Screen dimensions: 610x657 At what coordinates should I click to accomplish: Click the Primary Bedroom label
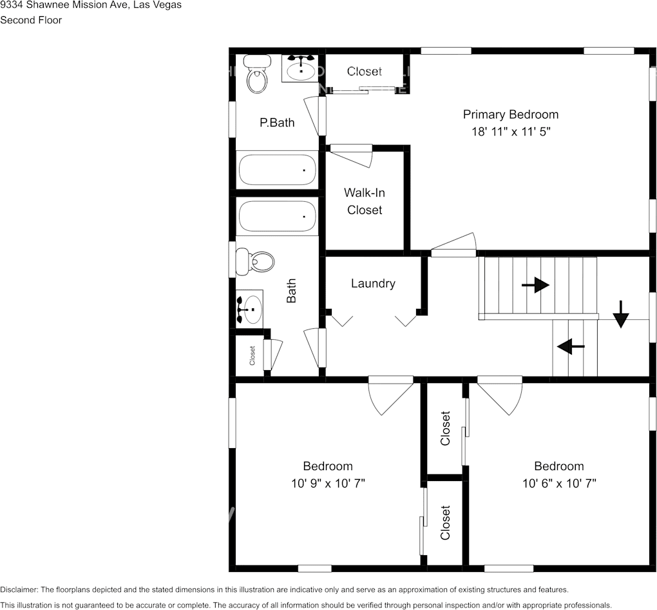tap(510, 115)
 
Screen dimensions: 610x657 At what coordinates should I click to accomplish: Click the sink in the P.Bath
tap(300, 68)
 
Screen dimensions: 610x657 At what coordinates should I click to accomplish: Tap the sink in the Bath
tap(250, 309)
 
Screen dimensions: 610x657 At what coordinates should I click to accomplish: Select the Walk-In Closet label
tap(365, 201)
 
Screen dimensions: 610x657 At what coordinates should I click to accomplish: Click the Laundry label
tap(373, 284)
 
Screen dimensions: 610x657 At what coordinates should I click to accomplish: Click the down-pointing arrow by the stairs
tap(620, 314)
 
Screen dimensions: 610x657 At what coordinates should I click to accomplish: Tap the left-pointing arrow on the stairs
tap(570, 347)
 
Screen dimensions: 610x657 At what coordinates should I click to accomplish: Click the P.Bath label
tap(277, 123)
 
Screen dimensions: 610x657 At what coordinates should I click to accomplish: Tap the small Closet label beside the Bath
tap(252, 356)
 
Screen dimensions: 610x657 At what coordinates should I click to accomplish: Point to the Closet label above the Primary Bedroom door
tap(364, 72)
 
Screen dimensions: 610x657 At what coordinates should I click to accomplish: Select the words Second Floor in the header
tap(31, 20)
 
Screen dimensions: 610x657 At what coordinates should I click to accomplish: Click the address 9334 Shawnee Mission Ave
tap(64, 5)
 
